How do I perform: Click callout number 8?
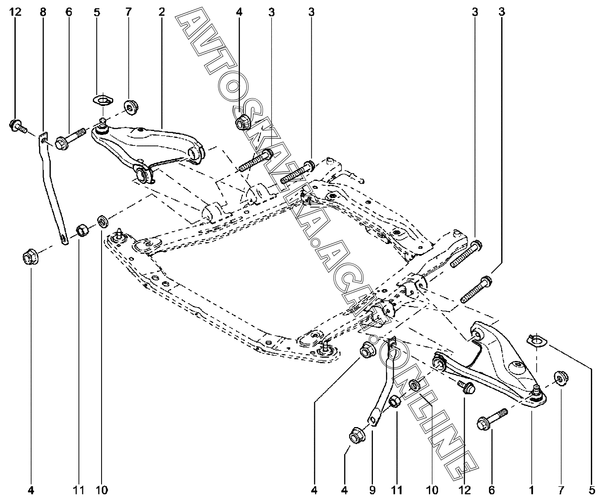42,12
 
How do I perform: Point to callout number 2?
162,12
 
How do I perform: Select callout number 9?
372,489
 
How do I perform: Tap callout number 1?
532,489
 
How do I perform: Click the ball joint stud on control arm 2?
102,122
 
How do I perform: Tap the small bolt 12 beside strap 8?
16,126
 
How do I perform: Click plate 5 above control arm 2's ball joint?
102,100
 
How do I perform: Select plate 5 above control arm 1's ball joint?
534,339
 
